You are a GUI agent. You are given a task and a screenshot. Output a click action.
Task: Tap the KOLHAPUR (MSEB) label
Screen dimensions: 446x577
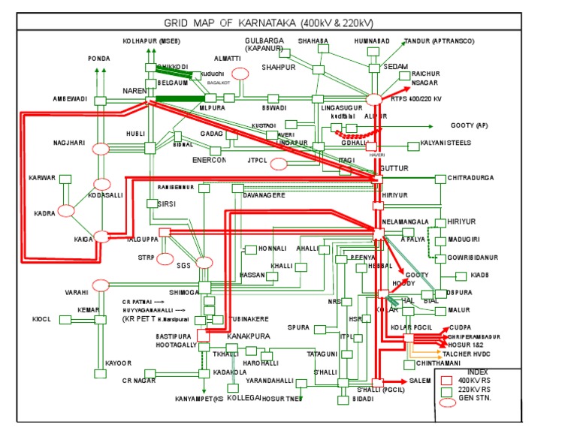(151, 41)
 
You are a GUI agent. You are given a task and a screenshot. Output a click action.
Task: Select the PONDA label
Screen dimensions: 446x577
(99, 58)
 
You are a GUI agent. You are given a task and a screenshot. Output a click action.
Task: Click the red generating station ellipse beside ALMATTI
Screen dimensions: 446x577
(240, 74)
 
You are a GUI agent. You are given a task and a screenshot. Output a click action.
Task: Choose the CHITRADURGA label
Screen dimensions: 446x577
(471, 178)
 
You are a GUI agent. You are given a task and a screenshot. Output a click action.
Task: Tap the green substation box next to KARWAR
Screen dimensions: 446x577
(65, 179)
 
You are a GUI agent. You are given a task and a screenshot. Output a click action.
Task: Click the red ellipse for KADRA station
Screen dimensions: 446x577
(66, 211)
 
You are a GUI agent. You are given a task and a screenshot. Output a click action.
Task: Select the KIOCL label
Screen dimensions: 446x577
(41, 319)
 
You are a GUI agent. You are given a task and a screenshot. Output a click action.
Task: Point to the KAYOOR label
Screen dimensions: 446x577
(118, 363)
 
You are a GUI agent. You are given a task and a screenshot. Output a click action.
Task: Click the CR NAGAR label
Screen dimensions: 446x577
(139, 381)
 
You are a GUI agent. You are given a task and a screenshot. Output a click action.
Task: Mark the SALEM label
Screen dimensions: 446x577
(420, 381)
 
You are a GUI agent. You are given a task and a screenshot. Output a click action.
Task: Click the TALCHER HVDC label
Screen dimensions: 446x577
(465, 353)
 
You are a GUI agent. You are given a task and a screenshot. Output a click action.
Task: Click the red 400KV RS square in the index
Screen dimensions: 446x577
(446, 380)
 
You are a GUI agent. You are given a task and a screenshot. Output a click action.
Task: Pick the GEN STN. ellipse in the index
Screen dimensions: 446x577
(448, 402)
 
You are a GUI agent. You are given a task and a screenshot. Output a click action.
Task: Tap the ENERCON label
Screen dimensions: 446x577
(209, 160)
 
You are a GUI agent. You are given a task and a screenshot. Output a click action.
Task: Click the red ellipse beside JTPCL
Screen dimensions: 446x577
(278, 164)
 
